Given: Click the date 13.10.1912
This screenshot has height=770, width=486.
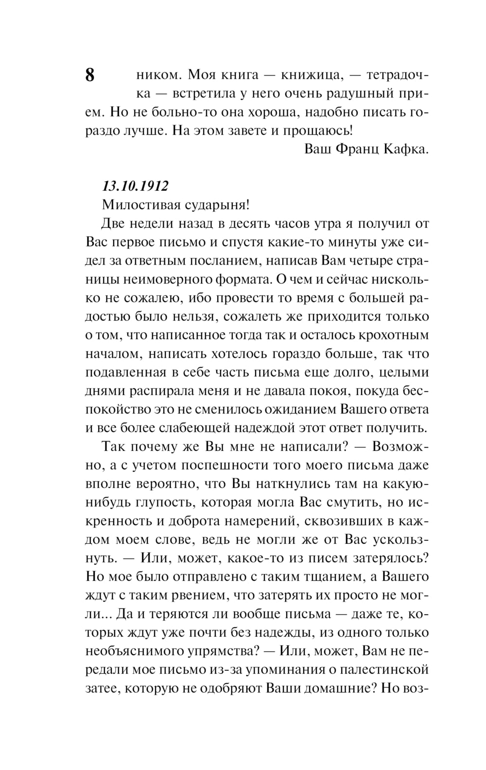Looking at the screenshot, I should coord(135,186).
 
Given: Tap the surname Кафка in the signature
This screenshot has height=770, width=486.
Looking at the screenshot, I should coord(406,149).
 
